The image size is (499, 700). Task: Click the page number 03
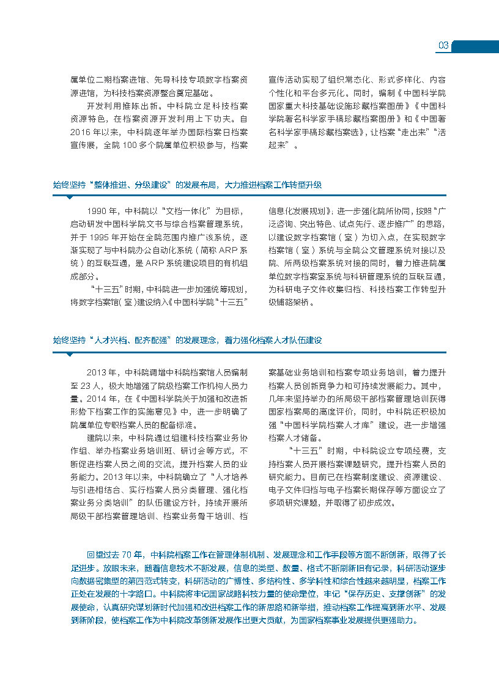(444, 46)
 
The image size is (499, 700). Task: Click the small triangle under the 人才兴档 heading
(69, 354)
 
